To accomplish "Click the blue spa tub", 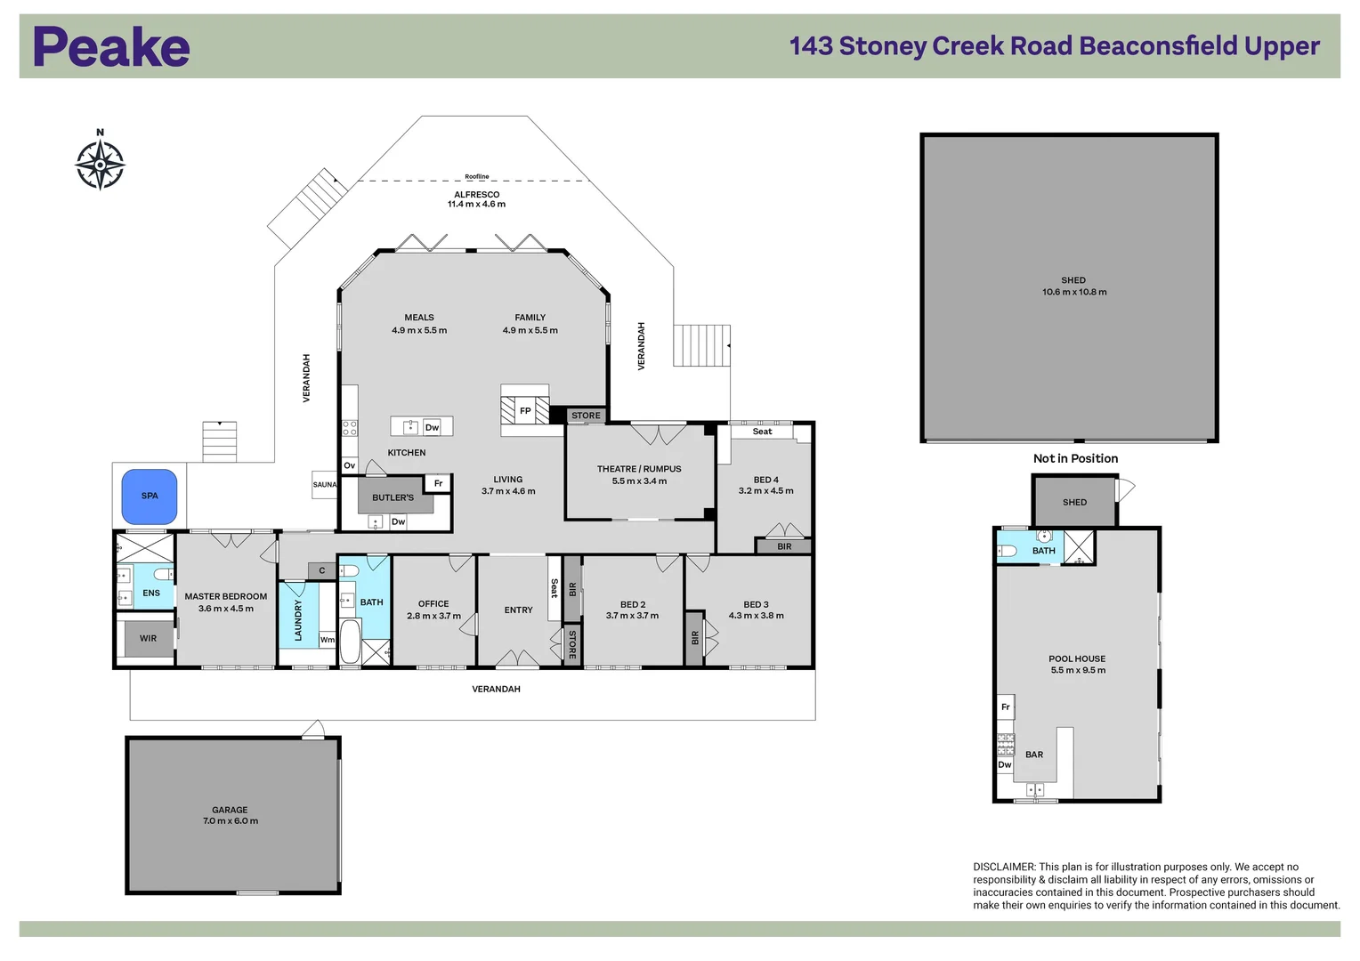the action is (150, 496).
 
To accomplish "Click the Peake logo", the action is (112, 46).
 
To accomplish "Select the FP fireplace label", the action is (525, 411).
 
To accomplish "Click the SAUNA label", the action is (325, 484).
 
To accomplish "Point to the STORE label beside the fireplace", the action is (586, 416).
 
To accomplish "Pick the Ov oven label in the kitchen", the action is (350, 465).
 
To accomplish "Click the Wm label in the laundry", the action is (328, 639).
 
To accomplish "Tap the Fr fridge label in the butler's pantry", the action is (439, 483).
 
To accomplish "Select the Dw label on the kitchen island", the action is (432, 427).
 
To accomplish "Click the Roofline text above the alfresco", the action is (476, 177).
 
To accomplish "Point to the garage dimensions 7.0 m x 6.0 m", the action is (231, 820).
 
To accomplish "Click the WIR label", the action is (148, 638).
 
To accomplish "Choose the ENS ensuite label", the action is (151, 593).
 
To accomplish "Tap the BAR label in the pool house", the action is (1034, 754).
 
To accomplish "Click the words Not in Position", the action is (1075, 458).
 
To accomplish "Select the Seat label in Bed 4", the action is (762, 431).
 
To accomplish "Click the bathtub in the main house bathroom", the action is (350, 641).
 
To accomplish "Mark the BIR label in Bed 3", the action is (695, 637).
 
